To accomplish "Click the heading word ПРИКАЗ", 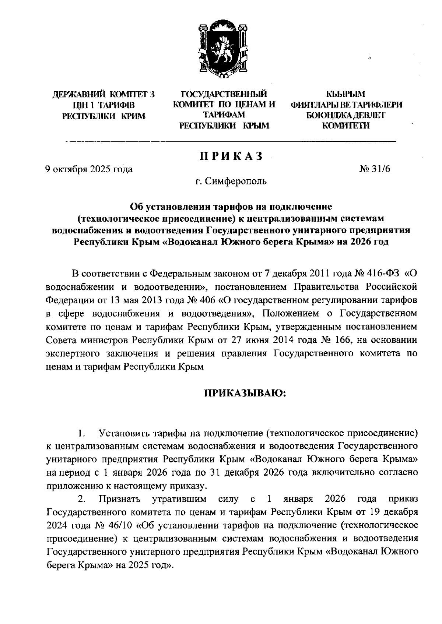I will click(231, 156).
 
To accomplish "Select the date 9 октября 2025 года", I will click(89, 169).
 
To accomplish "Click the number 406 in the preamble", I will click(207, 300).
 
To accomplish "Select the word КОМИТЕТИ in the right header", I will click(346, 126).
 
